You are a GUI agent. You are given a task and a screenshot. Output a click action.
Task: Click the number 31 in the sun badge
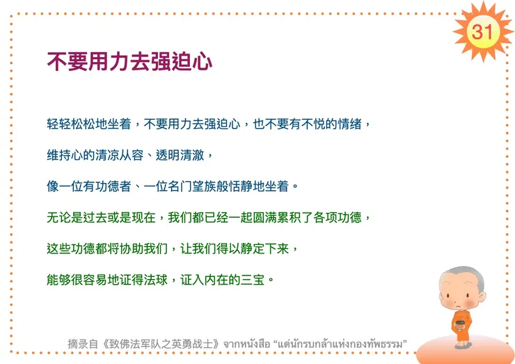coord(482,31)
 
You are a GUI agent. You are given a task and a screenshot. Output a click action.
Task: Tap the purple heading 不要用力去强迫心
coord(129,61)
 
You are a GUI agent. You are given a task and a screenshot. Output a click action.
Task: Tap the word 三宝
coord(255,280)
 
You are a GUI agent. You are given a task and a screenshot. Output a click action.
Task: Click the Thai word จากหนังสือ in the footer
coord(247,344)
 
